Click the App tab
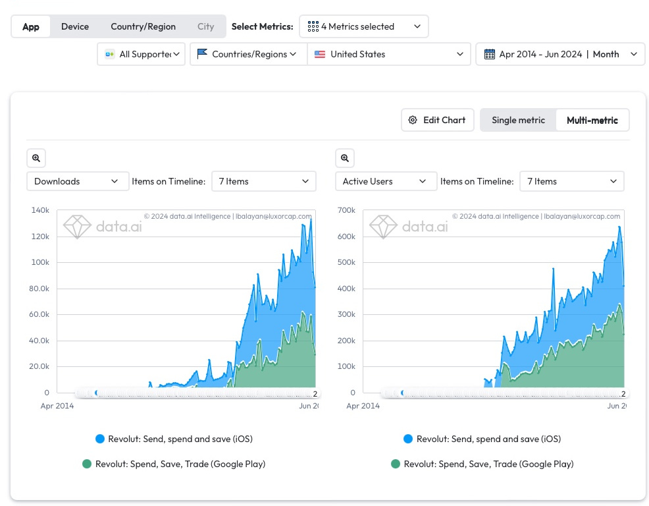[31, 26]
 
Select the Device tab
[75, 26]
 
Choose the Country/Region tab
[143, 26]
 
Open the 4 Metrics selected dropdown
[363, 26]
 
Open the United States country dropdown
[389, 54]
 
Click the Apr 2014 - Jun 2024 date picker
[560, 54]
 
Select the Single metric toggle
[518, 120]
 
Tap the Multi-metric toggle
[592, 120]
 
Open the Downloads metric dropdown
[77, 181]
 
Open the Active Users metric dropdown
[386, 181]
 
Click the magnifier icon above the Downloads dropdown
[36, 158]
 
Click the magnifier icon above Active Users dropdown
[344, 158]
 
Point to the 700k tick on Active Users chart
[346, 210]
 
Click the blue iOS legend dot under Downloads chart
[100, 439]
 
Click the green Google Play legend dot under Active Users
[395, 464]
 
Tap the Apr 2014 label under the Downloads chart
[57, 406]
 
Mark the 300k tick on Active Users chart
[346, 314]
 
